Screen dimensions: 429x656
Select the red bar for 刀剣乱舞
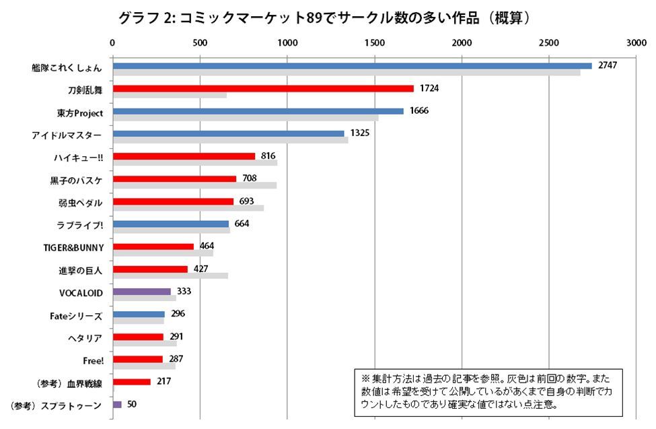[x=262, y=88]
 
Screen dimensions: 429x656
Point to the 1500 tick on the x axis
[x=374, y=42]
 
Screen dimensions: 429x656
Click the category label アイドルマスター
[x=67, y=134]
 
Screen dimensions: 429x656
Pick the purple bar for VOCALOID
[x=141, y=292]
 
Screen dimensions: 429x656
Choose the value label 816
[x=268, y=156]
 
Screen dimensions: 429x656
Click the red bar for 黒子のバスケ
[x=174, y=178]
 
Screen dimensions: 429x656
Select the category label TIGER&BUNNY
[x=72, y=247]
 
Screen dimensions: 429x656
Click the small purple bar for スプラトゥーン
[x=117, y=404]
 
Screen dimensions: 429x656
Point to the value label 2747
[x=608, y=65]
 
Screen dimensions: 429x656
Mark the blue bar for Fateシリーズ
[x=138, y=314]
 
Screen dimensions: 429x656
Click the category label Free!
[x=92, y=360]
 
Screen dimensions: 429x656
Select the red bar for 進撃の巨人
[x=150, y=269]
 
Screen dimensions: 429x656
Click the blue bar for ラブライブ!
[x=170, y=224]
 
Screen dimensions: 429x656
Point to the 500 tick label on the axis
[x=199, y=42]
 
